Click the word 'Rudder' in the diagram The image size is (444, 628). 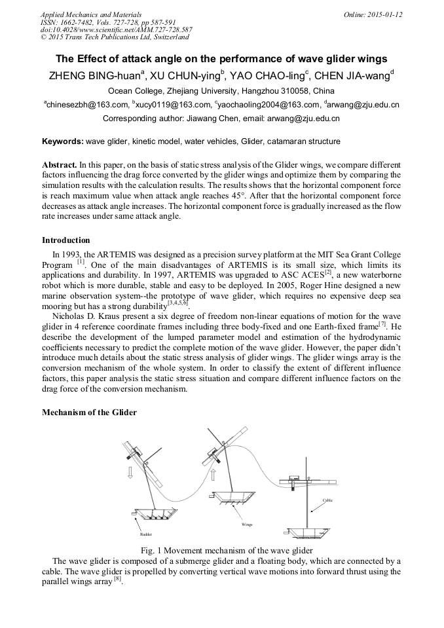pos(145,534)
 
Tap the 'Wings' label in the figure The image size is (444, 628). pos(247,525)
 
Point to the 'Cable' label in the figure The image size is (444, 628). pos(327,500)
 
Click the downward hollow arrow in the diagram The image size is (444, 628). pos(130,472)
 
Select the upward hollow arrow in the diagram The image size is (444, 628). pos(214,473)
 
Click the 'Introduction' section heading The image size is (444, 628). pos(66,240)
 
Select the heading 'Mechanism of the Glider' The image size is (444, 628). pos(89,413)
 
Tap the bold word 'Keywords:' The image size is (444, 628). pos(63,141)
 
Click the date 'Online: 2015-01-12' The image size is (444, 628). pos(372,14)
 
